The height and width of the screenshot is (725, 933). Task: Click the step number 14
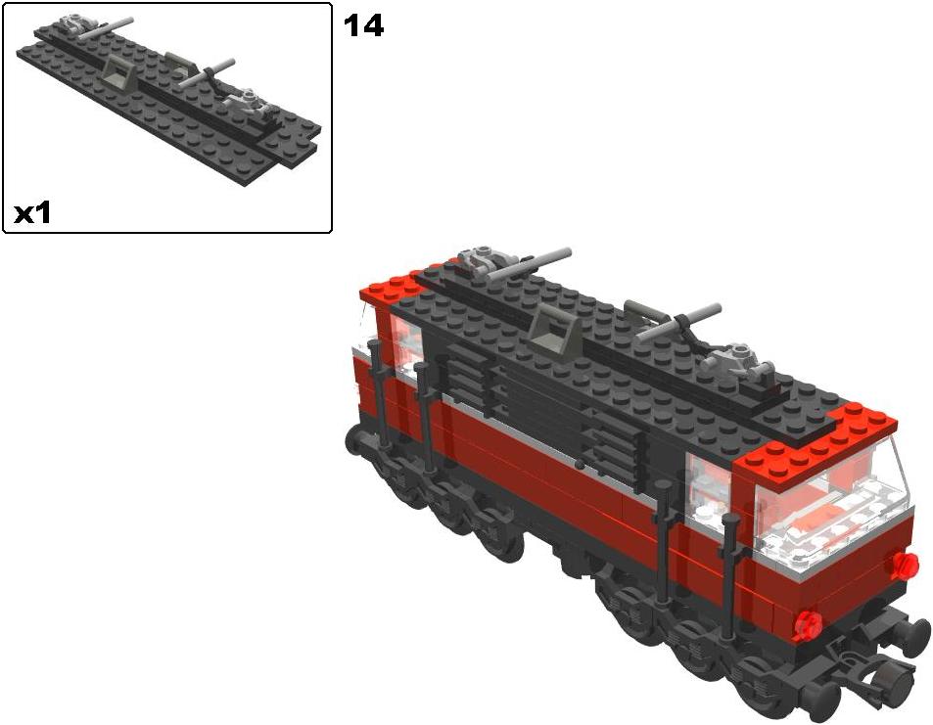tap(363, 26)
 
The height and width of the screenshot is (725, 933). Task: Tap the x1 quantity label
tap(32, 213)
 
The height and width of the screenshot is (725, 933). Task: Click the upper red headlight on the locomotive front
tap(905, 565)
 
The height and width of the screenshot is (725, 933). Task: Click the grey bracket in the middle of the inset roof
tap(119, 74)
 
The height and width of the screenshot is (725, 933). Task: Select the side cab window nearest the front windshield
tap(709, 486)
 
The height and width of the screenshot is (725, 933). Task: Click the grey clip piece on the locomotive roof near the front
tap(736, 360)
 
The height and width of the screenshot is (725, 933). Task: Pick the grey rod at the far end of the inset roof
tap(107, 26)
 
